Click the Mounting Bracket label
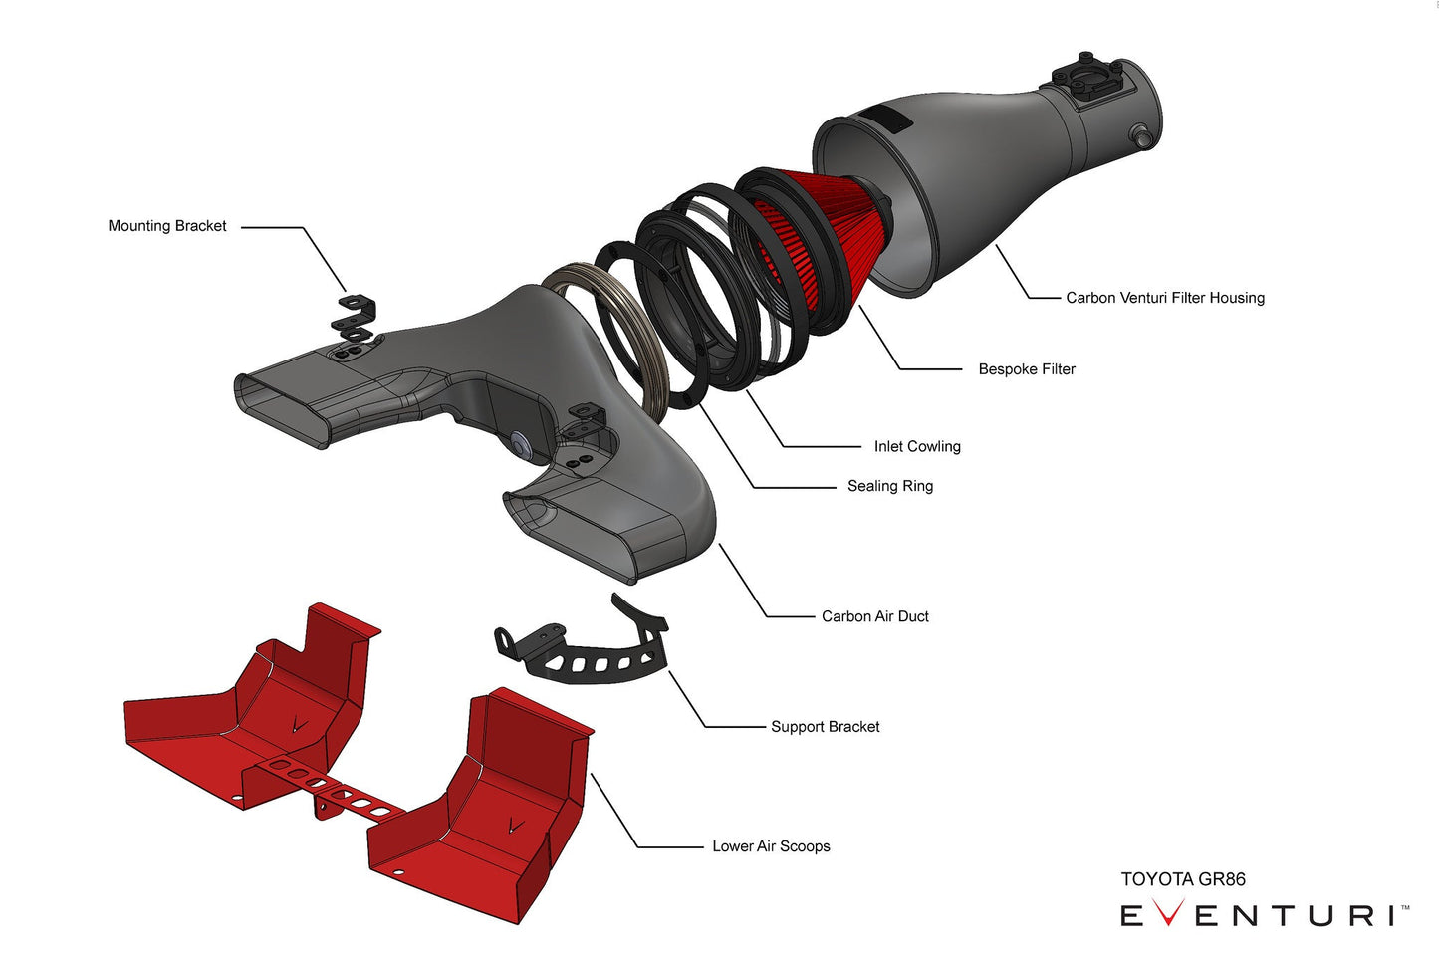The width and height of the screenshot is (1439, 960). tap(167, 226)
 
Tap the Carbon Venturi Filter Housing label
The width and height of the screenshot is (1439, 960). tap(1164, 298)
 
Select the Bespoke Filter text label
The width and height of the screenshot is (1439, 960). tap(1026, 369)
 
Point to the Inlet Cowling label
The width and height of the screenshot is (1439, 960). tap(916, 447)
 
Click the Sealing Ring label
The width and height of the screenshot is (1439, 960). tap(889, 486)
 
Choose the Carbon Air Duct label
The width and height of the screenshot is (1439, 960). tap(874, 616)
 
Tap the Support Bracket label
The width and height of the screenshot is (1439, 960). tap(825, 727)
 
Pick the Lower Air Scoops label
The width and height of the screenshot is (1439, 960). tap(771, 846)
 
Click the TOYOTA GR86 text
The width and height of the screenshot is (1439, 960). tap(1182, 879)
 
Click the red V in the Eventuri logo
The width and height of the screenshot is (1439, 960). tap(1167, 913)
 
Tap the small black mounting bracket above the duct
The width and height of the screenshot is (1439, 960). tap(355, 315)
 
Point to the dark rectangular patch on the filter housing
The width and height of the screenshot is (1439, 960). tap(889, 119)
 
